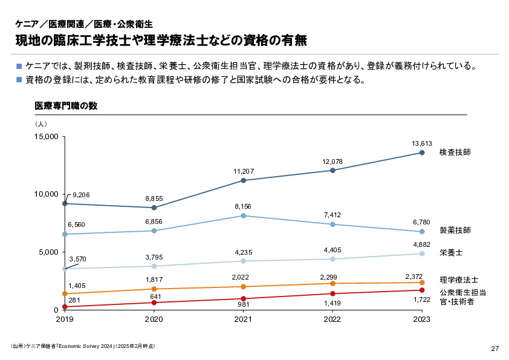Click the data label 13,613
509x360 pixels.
click(x=422, y=143)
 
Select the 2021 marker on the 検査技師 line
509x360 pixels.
click(x=243, y=180)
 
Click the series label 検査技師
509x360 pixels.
click(x=455, y=152)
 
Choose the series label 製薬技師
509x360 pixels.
click(x=455, y=231)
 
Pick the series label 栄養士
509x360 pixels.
click(x=451, y=252)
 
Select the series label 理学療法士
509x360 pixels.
click(x=459, y=280)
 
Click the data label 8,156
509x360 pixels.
click(x=243, y=207)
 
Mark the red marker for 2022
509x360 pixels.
click(x=332, y=294)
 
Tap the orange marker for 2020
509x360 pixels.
click(x=154, y=289)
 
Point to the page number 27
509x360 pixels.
click(x=494, y=349)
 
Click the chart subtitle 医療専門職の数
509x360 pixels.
click(x=66, y=106)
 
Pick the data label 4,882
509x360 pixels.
click(x=422, y=244)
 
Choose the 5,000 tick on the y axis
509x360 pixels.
click(x=48, y=252)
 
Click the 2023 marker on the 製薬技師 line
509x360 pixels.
click(x=422, y=232)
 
